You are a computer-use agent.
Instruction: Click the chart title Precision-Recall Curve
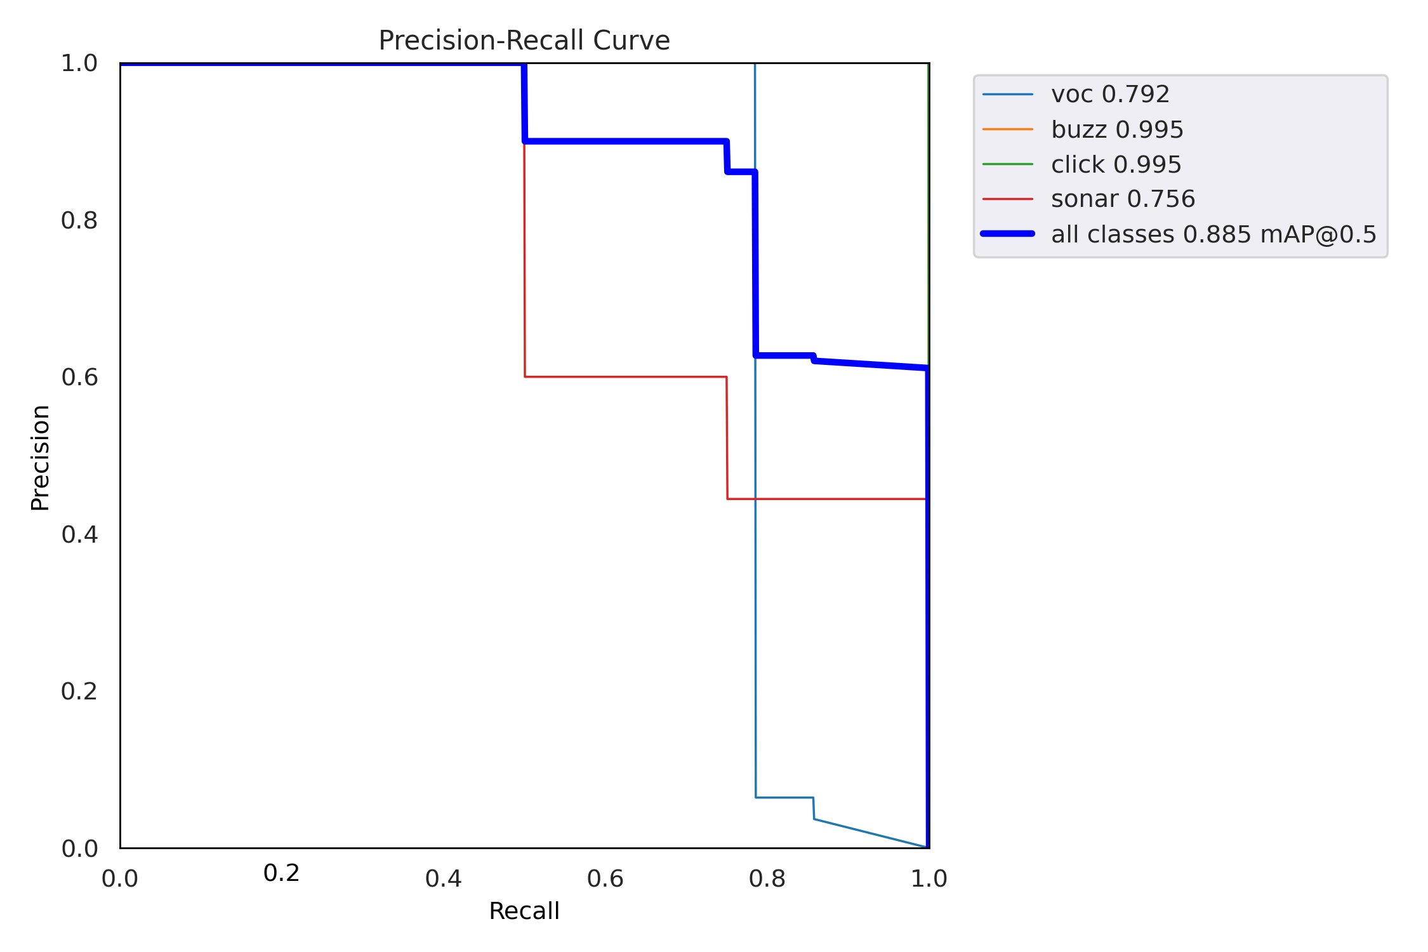tap(524, 41)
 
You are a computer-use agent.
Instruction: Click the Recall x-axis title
tap(524, 911)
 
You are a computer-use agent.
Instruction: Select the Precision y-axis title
tap(40, 458)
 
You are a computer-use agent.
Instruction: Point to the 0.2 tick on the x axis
tap(281, 873)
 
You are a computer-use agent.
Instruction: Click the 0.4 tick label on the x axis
tap(443, 878)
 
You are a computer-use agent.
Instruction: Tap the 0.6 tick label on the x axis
tap(605, 878)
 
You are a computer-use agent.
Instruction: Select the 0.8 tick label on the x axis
tap(767, 878)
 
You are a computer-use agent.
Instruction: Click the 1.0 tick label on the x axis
tap(929, 878)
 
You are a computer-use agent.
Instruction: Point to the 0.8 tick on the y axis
tap(79, 220)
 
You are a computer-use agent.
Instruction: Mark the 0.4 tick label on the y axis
tap(79, 534)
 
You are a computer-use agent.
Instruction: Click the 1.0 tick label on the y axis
tap(79, 63)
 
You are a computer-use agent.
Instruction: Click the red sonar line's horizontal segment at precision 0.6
tap(625, 377)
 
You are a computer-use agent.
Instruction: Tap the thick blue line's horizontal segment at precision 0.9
tap(625, 141)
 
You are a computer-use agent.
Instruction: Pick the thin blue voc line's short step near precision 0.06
tap(784, 797)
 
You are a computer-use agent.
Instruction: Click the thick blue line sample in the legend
tap(1008, 234)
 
